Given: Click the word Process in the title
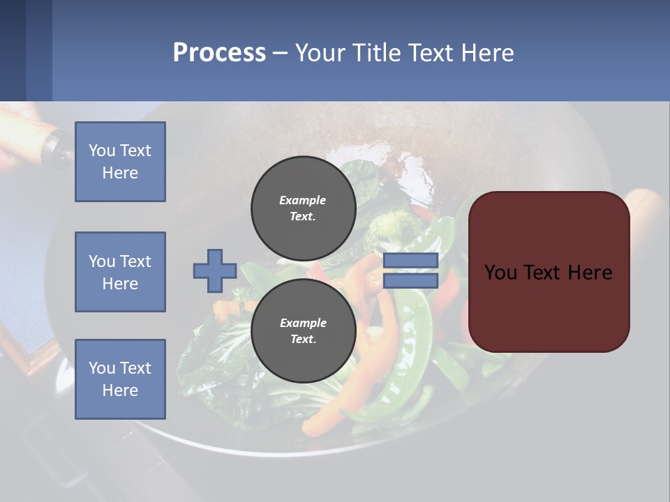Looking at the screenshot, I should point(219,53).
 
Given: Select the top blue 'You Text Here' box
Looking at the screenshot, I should point(120,162).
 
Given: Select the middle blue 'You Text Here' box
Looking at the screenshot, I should point(120,272).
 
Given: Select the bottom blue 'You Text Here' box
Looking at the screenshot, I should point(120,379).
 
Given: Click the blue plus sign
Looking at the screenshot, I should point(215,271).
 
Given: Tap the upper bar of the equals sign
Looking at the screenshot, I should point(410,261).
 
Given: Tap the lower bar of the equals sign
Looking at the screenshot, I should point(410,281).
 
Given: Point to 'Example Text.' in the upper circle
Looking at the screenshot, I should point(303,208).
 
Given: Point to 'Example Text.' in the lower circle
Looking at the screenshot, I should point(303,331).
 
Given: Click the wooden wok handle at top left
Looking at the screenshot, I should point(28,125).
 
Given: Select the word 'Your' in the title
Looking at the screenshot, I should point(318,53).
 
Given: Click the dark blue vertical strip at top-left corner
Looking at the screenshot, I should point(13,49).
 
